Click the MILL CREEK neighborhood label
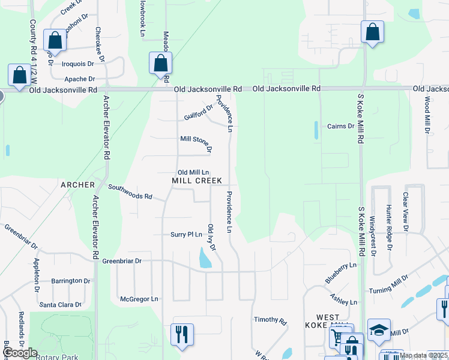197,181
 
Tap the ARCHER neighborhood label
77,185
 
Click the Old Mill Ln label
192,172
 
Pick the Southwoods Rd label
130,192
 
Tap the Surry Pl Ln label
186,235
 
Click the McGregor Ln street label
139,298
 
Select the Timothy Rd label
270,320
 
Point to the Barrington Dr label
70,281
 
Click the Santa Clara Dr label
60,305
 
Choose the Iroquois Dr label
78,64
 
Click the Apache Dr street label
79,79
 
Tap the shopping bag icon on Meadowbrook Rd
160,64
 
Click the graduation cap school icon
379,330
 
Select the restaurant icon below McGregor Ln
182,335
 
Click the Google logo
20,353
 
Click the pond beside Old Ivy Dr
205,259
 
